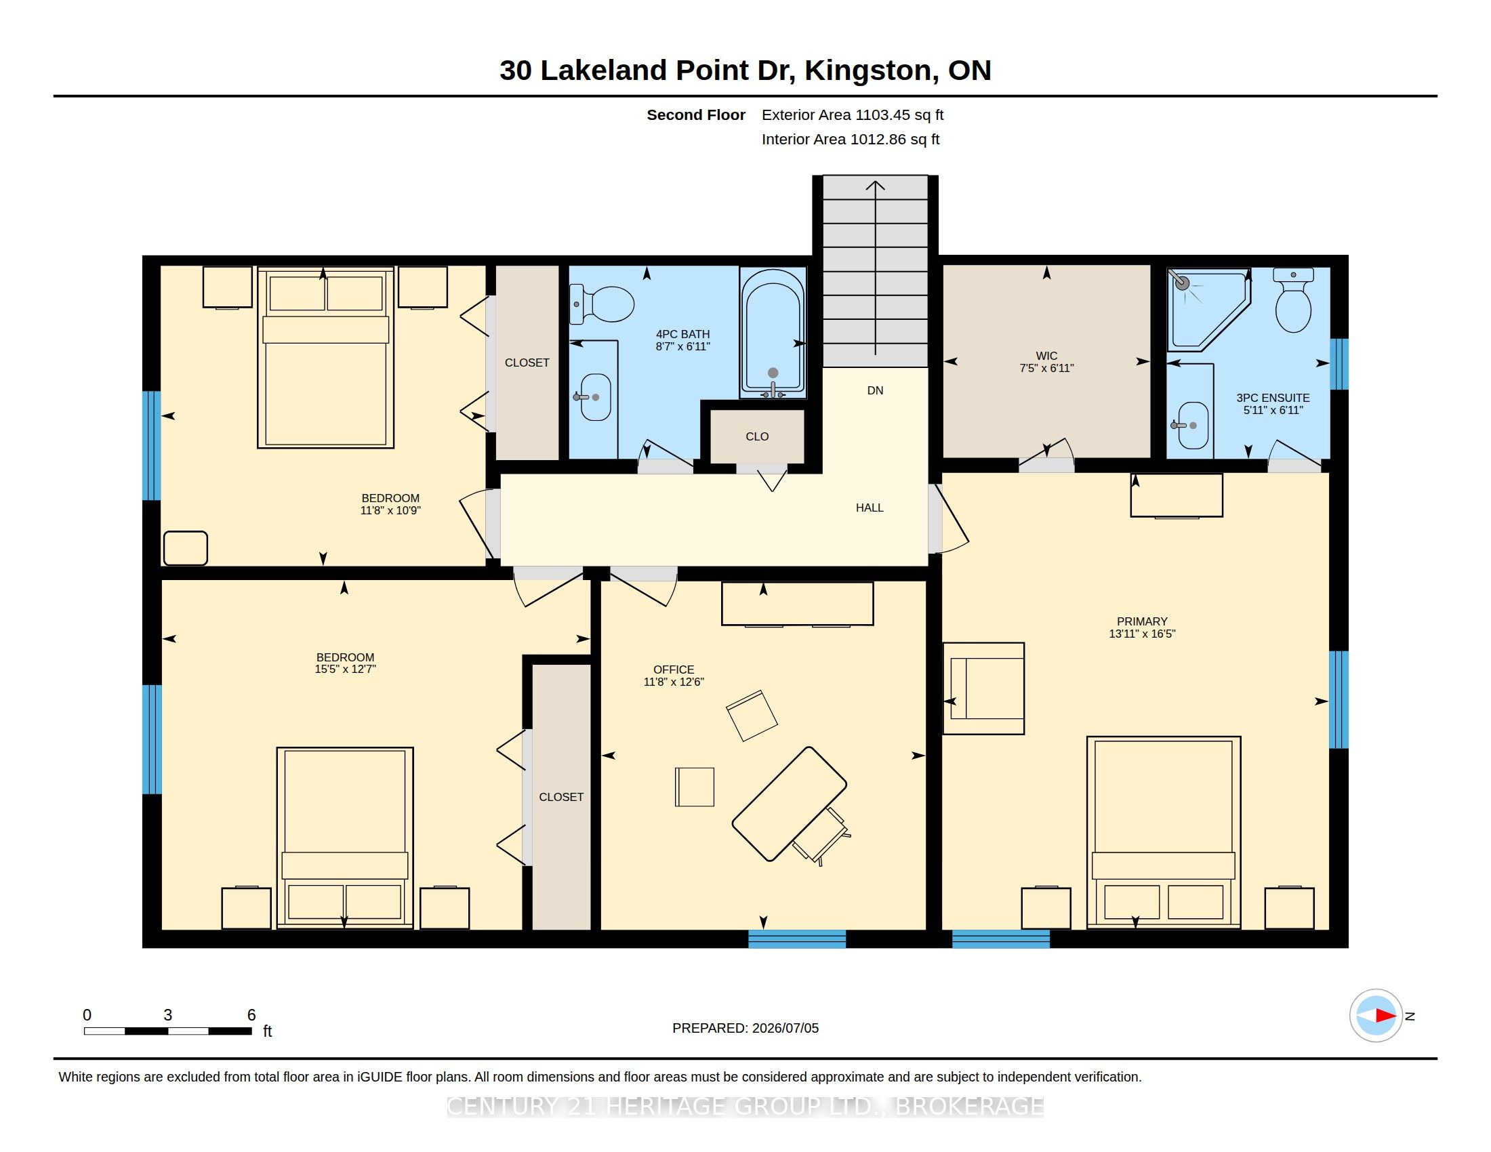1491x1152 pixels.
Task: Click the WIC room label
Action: pyautogui.click(x=1046, y=356)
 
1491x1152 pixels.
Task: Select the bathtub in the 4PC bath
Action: pyautogui.click(x=773, y=333)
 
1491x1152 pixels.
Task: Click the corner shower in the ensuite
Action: pyautogui.click(x=1208, y=310)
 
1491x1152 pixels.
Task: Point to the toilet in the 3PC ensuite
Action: pyautogui.click(x=1293, y=300)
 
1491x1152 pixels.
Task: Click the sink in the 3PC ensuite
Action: pyautogui.click(x=1192, y=425)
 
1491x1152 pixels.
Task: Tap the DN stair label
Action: pyautogui.click(x=875, y=390)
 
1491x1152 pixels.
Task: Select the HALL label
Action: pyautogui.click(x=870, y=508)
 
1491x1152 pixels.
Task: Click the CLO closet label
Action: pyautogui.click(x=757, y=437)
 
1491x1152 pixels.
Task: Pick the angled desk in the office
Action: pyautogui.click(x=789, y=804)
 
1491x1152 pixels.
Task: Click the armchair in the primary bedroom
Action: pyautogui.click(x=984, y=688)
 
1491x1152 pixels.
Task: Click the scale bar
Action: pyautogui.click(x=168, y=1031)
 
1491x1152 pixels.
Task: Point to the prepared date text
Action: pyautogui.click(x=745, y=1028)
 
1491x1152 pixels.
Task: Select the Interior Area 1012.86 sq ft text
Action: pyautogui.click(x=851, y=139)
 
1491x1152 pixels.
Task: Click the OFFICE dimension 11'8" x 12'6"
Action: pyautogui.click(x=674, y=682)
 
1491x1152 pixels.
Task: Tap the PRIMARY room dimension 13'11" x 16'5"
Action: pyautogui.click(x=1142, y=634)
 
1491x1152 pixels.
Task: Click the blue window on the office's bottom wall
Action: pyautogui.click(x=797, y=939)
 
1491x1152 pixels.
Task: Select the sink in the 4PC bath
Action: pyautogui.click(x=594, y=397)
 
